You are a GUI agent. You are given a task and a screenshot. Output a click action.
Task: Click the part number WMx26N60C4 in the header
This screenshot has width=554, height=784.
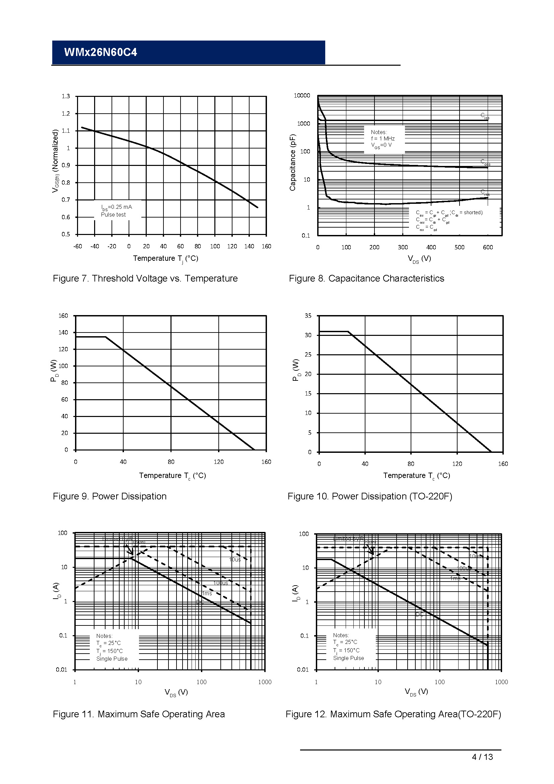(100, 52)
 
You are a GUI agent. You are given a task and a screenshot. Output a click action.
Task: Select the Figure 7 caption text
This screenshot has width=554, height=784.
(145, 279)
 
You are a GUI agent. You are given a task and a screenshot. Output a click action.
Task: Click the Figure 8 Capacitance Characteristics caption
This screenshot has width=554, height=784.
(366, 279)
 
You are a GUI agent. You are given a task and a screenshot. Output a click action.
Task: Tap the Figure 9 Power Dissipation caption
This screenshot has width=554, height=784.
(110, 496)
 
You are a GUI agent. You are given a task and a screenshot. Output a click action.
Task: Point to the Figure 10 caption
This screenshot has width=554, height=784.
(370, 496)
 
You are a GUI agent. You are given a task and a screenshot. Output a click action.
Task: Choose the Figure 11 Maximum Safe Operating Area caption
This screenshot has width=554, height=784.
(139, 714)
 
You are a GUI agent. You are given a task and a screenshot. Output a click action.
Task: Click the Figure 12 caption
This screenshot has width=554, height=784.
(393, 714)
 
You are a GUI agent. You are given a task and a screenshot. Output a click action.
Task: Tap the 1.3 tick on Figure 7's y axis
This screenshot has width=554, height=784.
(66, 96)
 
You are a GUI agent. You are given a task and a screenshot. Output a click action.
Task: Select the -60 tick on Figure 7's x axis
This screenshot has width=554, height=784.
(77, 247)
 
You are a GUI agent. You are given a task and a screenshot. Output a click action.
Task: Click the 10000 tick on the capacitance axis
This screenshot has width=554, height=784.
(302, 96)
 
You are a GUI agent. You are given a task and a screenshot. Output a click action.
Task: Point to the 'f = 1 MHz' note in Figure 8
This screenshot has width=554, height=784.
(383, 139)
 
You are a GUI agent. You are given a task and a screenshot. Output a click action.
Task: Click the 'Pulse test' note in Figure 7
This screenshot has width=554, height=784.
(113, 215)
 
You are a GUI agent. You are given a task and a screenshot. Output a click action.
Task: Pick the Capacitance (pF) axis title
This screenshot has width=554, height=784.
(293, 163)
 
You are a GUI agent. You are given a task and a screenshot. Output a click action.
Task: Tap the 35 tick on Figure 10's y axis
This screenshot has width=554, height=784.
(308, 316)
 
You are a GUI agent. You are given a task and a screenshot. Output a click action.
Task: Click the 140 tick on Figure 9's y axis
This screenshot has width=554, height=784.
(63, 333)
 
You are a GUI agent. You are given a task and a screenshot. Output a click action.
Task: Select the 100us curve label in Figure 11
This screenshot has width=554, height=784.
(221, 583)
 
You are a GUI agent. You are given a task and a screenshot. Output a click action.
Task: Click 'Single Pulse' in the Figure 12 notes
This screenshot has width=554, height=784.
(348, 658)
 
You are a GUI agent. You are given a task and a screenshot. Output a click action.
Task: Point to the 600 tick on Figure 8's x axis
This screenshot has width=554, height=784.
(488, 248)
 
